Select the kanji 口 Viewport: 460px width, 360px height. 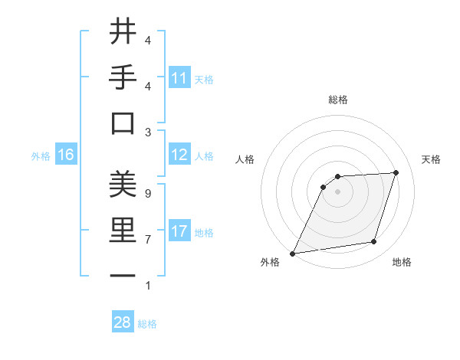[x=123, y=123]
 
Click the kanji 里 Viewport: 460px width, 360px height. [x=123, y=231]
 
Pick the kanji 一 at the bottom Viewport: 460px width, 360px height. [x=123, y=277]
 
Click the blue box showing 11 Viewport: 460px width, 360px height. [x=179, y=78]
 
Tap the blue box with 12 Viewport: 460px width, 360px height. [x=179, y=155]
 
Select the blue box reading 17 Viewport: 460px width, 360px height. [x=179, y=231]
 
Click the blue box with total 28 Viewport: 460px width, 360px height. [x=123, y=322]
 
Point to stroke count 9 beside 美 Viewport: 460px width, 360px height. [x=147, y=194]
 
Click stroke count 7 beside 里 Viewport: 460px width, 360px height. [x=147, y=240]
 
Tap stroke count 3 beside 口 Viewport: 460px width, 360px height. [x=147, y=133]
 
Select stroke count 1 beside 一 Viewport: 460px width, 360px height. [x=147, y=286]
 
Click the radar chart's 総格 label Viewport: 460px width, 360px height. [x=337, y=100]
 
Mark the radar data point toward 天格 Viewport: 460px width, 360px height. [x=396, y=172]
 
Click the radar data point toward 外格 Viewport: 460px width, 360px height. [x=292, y=253]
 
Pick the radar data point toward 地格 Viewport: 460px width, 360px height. [x=374, y=242]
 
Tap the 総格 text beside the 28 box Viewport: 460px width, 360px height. [x=147, y=324]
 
